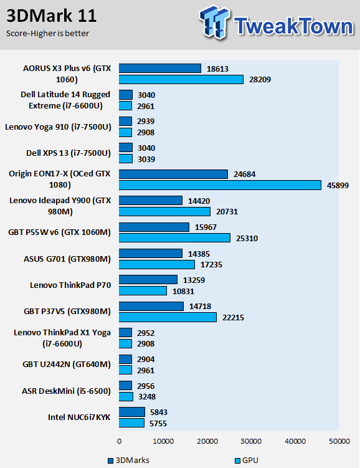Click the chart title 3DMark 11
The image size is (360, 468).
[52, 16]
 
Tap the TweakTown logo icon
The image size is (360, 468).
[214, 22]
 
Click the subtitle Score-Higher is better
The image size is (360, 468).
[47, 34]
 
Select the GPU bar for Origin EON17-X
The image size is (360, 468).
[220, 185]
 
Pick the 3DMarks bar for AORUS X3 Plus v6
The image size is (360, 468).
[160, 69]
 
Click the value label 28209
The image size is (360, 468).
[260, 80]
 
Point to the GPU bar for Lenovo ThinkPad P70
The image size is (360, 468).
[143, 291]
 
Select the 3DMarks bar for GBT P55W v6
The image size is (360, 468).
[154, 227]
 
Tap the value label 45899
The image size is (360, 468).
[338, 185]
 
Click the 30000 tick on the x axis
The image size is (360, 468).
[251, 441]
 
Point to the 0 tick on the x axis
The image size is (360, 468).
[120, 441]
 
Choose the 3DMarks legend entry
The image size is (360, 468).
[128, 461]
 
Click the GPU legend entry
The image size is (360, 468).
[247, 461]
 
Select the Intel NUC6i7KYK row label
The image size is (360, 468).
[79, 418]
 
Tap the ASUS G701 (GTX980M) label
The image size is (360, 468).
[67, 259]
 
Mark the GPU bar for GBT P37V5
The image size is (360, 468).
[168, 317]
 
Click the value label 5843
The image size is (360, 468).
[159, 413]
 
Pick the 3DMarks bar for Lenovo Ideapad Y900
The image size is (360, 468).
[151, 201]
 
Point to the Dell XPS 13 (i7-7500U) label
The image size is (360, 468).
[69, 153]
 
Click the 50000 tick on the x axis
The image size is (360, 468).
[339, 441]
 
